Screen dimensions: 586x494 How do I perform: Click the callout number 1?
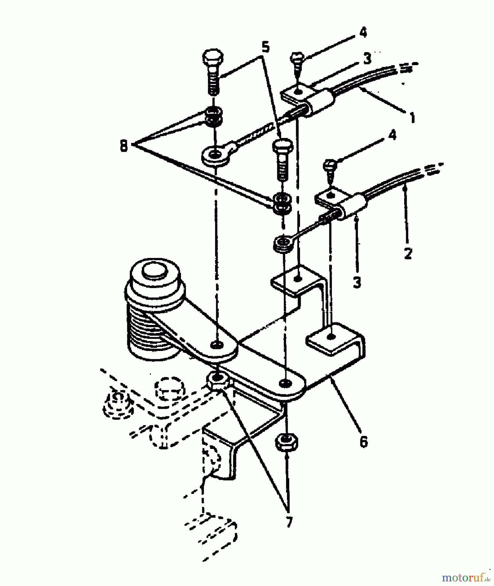click(412, 118)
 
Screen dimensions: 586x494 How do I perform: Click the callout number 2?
click(408, 253)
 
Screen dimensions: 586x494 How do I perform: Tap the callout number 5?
click(265, 48)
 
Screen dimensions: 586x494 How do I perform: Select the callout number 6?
click(363, 442)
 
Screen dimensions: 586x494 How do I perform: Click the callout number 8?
click(124, 146)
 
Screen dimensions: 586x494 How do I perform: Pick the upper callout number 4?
click(363, 33)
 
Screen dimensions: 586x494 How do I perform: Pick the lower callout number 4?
click(392, 135)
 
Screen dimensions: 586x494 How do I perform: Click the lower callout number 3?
click(357, 282)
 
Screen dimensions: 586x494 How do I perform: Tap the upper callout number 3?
click(367, 59)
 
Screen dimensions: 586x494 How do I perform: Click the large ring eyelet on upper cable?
click(215, 156)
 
